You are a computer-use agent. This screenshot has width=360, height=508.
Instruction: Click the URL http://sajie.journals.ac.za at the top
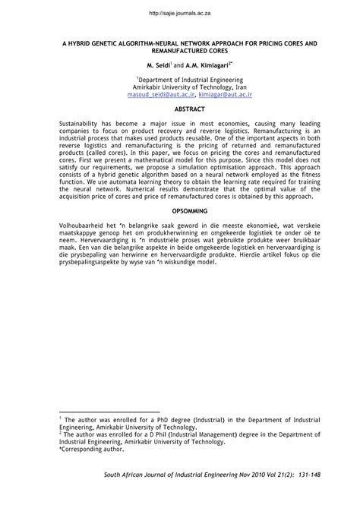[x=180, y=14]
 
